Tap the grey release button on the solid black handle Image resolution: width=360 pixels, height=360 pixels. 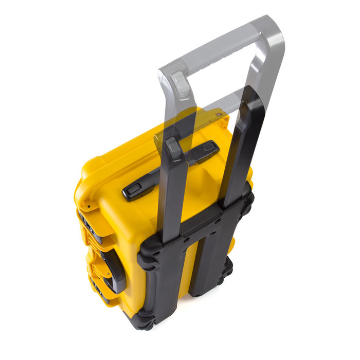(174, 148)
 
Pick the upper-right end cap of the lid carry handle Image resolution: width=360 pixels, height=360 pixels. (208, 148)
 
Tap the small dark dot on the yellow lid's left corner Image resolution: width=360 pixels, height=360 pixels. (88, 207)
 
